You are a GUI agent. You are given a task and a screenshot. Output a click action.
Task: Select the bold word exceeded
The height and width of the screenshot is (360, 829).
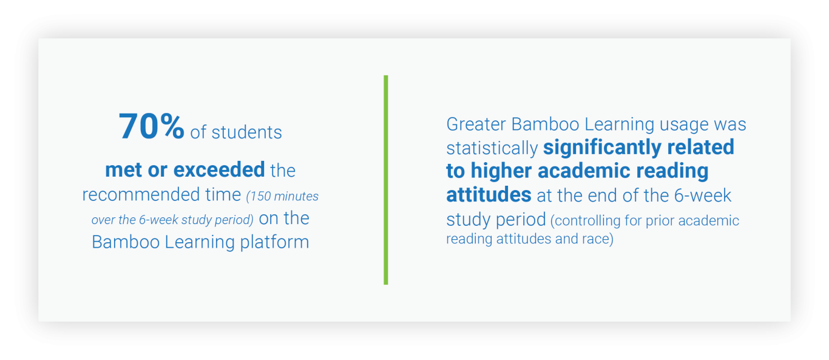pos(219,170)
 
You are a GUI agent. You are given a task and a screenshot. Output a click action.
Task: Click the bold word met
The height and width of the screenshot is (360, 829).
pos(123,170)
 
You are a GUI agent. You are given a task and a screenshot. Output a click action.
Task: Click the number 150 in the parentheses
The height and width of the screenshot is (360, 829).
pos(260,196)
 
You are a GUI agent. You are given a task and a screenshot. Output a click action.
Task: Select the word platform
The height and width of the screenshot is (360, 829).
pos(274,242)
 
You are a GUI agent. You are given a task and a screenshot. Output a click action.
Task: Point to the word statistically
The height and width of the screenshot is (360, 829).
pos(492,148)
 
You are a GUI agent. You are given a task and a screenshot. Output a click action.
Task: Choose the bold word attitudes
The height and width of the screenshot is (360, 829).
pos(489,195)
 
